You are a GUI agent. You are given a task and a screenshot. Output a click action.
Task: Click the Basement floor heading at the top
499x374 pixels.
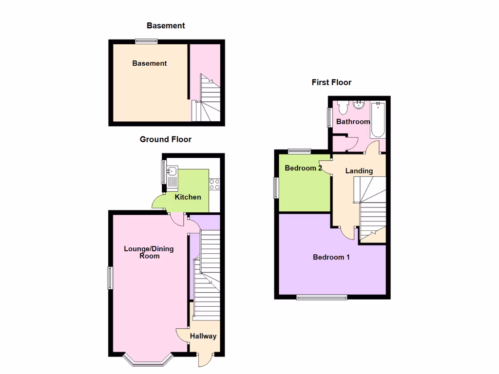[166, 26]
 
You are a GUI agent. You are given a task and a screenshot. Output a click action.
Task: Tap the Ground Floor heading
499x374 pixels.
[166, 139]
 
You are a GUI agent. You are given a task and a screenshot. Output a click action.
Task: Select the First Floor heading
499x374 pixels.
[331, 82]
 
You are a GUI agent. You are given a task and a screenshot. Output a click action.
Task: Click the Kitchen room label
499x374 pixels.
[188, 197]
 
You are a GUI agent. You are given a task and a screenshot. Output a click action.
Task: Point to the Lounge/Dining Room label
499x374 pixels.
[149, 252]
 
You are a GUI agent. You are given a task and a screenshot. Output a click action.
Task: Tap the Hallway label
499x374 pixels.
[203, 336]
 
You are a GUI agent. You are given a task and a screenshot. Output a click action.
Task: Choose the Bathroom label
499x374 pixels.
[353, 122]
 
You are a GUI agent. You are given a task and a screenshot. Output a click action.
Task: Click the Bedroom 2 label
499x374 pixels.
[303, 168]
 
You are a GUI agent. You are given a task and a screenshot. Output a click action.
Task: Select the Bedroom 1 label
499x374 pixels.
[331, 257]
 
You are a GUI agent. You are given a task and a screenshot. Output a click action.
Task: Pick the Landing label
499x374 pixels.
[359, 171]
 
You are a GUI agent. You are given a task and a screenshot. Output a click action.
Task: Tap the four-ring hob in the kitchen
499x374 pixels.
[215, 184]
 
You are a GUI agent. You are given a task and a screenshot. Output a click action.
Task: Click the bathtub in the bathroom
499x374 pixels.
[378, 119]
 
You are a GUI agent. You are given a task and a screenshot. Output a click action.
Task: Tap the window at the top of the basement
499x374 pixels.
[146, 41]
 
